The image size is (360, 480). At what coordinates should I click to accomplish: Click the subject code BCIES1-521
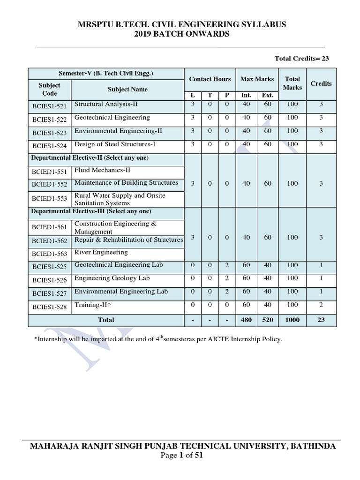pos(49,106)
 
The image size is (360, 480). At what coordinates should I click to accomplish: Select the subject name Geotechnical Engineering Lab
pos(119,265)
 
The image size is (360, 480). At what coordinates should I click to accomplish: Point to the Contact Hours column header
pos(210,79)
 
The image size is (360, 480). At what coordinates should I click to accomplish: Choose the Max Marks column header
pos(257,79)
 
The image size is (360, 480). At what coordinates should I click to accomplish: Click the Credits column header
pos(321,83)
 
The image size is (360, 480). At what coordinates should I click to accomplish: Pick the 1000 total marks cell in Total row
pos(292,320)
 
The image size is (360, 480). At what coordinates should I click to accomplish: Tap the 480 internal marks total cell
pos(246,320)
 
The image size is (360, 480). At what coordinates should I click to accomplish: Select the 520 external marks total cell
pos(268,320)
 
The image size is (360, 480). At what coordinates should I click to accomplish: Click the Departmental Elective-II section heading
pos(90,158)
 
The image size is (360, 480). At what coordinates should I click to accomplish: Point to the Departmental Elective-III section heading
pos(91,211)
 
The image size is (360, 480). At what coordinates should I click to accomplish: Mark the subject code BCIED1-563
pos(49,254)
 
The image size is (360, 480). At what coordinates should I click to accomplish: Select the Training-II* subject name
pos(93,305)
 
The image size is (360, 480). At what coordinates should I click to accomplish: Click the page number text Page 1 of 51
pos(180,455)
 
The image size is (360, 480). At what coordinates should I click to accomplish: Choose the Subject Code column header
pos(49,89)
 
